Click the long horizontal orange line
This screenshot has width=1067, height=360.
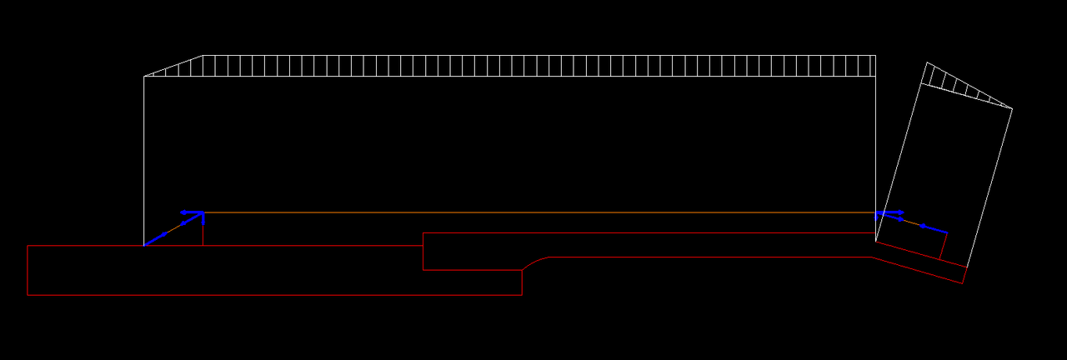(533, 212)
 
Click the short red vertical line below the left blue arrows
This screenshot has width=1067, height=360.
(203, 235)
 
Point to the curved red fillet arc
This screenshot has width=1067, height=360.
(533, 261)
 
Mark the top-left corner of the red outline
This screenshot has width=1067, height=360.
(28, 246)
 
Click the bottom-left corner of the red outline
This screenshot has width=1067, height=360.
(28, 295)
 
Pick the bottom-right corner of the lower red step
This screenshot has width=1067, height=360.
(522, 295)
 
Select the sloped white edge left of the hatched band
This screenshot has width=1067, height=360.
(173, 66)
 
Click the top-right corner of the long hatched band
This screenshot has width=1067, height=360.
(875, 56)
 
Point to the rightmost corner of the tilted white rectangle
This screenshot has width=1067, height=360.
(1012, 108)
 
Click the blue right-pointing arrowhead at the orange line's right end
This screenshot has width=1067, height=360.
(900, 212)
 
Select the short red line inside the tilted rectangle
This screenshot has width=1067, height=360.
(944, 247)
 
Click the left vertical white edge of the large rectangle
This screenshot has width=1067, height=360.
(144, 158)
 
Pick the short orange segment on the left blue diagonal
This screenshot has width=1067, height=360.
(174, 228)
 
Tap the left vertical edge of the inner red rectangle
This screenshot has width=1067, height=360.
(423, 252)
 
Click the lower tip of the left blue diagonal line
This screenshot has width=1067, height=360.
(145, 245)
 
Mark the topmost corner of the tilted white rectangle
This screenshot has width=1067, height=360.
(927, 62)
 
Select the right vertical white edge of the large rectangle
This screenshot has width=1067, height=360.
(875, 142)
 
